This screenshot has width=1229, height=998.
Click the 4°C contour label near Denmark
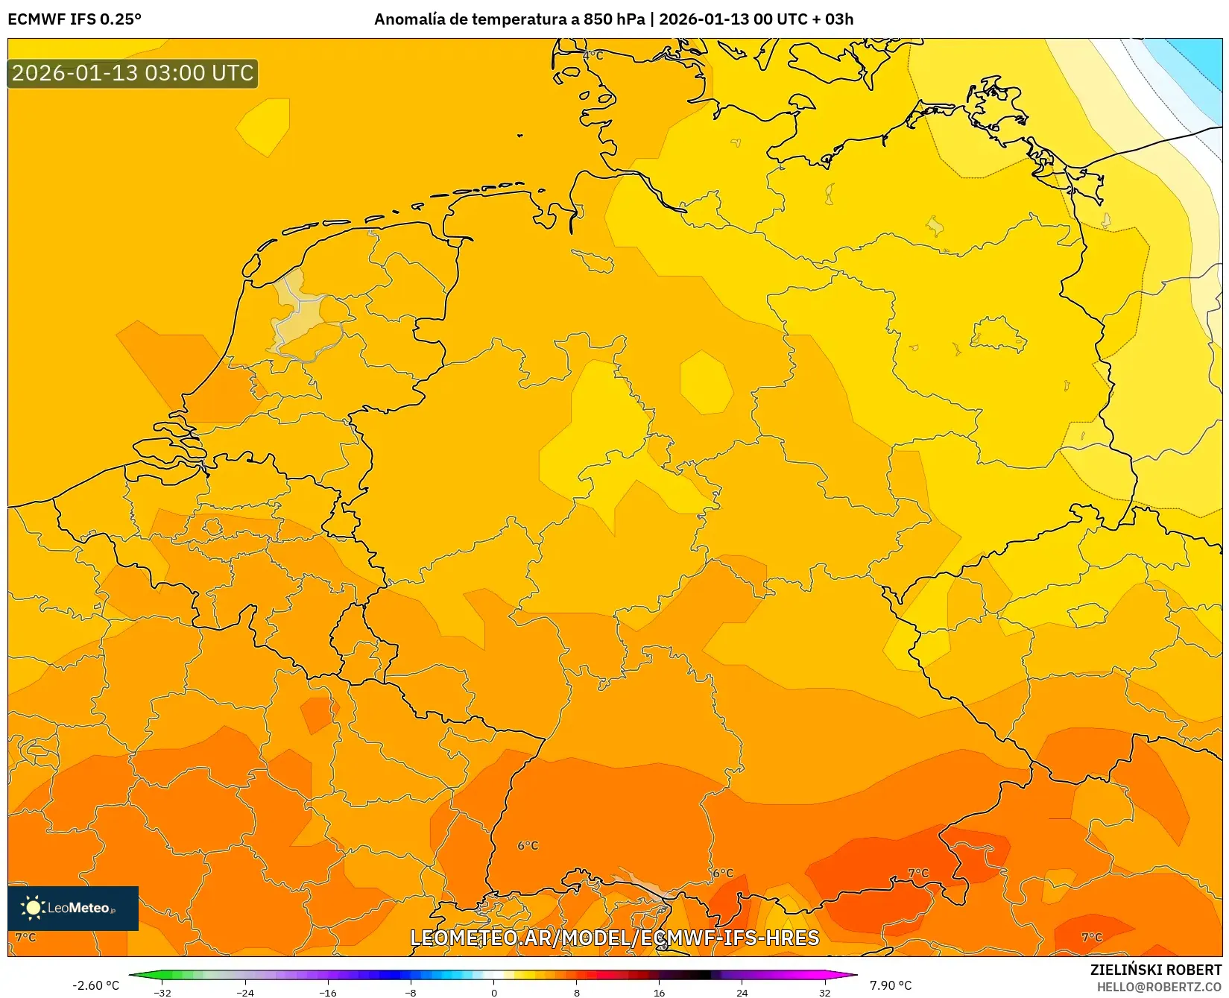click(593, 55)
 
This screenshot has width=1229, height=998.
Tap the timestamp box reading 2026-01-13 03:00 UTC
click(133, 74)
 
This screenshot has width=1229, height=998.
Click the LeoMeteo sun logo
click(32, 907)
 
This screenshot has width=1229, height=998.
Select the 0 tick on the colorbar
click(493, 993)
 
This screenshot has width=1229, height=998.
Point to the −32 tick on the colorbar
click(162, 993)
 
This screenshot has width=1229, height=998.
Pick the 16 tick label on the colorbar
click(659, 993)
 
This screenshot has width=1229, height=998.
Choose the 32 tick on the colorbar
click(824, 993)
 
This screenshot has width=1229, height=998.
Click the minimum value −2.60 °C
click(95, 985)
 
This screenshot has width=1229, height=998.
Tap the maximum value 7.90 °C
click(891, 985)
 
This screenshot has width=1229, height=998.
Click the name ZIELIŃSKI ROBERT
click(1156, 970)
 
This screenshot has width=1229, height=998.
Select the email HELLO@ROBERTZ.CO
click(1159, 987)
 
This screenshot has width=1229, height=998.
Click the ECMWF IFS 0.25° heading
click(75, 19)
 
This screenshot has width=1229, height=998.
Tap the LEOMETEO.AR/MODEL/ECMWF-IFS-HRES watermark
click(614, 938)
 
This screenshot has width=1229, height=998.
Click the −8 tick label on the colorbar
click(410, 993)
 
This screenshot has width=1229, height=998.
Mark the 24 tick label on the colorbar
click(742, 993)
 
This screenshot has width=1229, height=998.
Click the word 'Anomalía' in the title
click(408, 19)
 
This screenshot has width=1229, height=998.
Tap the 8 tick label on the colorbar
click(576, 993)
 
